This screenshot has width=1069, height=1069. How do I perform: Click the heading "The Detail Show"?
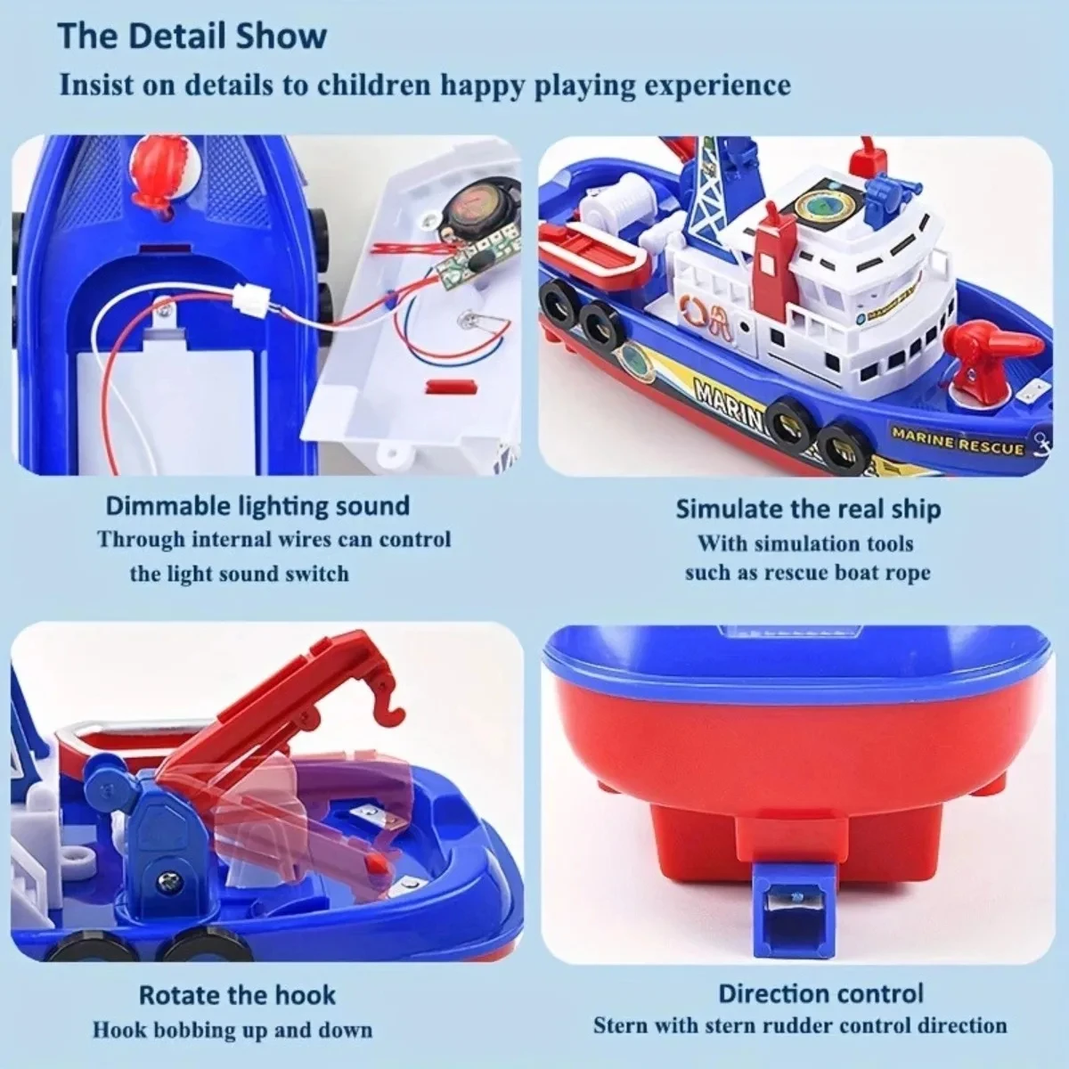pyautogui.click(x=192, y=37)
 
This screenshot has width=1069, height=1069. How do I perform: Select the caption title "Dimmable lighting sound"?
pyautogui.click(x=257, y=506)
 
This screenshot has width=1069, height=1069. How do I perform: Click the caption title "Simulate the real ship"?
pyautogui.click(x=807, y=509)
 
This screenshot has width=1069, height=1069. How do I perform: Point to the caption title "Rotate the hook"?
pyautogui.click(x=237, y=994)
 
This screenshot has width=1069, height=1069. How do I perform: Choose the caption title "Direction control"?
pyautogui.click(x=820, y=993)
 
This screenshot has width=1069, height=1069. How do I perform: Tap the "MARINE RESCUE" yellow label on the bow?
pyautogui.click(x=958, y=441)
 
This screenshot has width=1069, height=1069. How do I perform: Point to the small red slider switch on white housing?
pyautogui.click(x=445, y=387)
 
